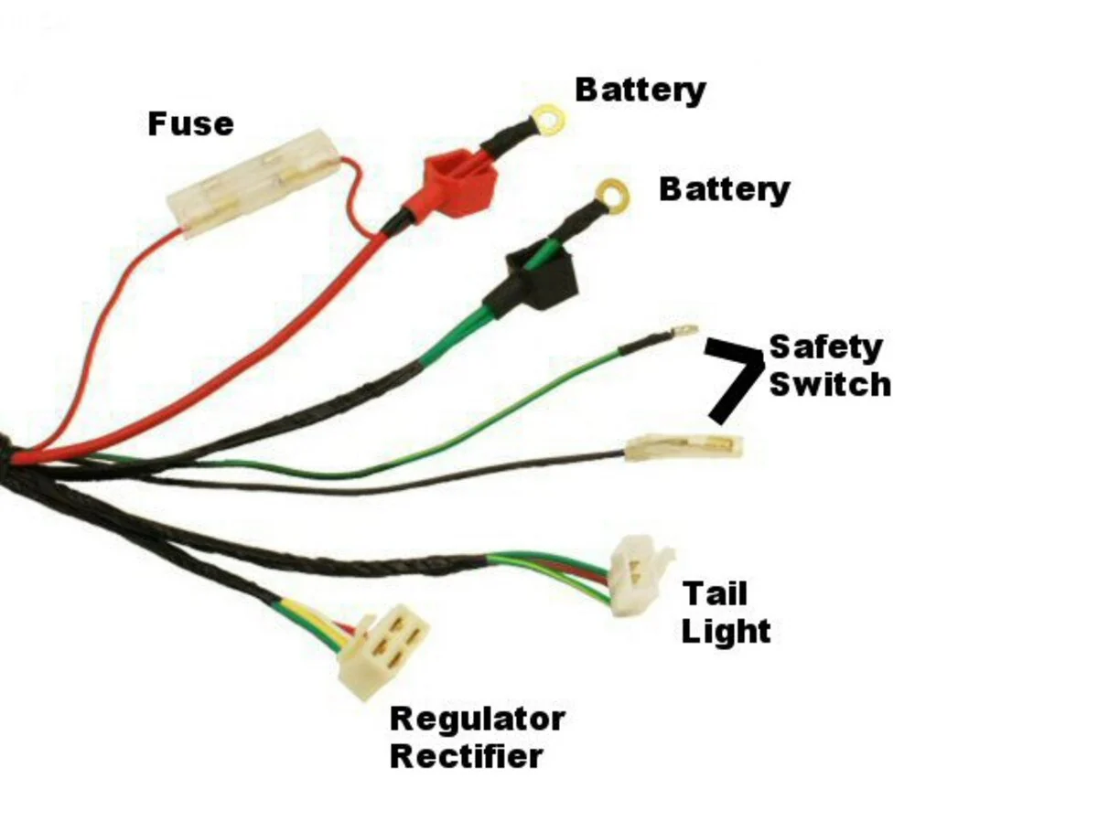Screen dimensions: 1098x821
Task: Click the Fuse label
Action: pos(190,123)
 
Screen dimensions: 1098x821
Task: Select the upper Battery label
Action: pos(640,91)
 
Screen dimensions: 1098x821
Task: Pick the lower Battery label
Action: pos(725,190)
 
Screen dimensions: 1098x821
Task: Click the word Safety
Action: pos(826,347)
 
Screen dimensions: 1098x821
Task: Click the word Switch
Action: pos(830,384)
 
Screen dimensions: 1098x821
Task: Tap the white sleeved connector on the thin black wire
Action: pos(684,448)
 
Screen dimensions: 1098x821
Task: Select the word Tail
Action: pos(715,593)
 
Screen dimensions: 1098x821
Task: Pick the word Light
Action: pos(726,632)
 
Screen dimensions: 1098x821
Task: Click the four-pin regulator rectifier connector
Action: pos(382,652)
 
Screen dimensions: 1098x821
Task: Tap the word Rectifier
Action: pos(467,756)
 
